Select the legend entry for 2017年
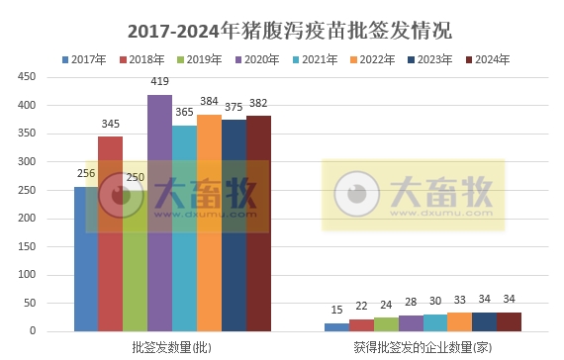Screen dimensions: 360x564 click(85, 59)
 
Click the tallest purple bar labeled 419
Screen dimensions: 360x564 click(159, 213)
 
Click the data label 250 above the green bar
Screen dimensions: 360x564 click(136, 177)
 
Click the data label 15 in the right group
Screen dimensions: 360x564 click(337, 311)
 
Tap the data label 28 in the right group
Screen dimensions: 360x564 click(411, 304)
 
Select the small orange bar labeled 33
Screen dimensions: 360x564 click(460, 321)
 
